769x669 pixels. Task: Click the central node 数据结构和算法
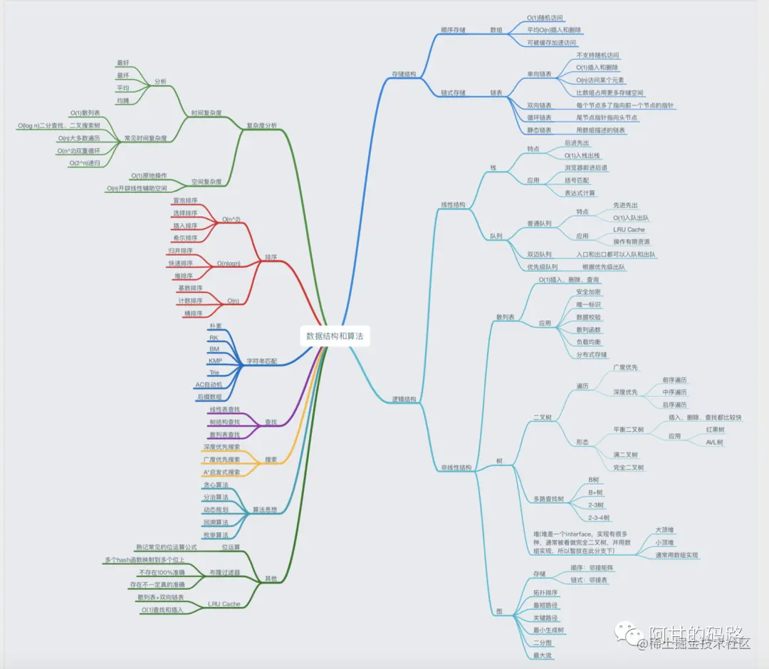tap(335, 336)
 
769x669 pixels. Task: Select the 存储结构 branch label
tap(404, 74)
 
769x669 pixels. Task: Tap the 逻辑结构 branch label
tap(404, 399)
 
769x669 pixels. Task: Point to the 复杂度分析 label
tap(261, 125)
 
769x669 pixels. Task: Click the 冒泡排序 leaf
tap(185, 201)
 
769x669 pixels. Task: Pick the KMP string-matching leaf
tap(215, 361)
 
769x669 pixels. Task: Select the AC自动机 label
tap(209, 385)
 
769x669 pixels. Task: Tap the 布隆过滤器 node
tap(225, 572)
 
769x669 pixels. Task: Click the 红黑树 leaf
tap(715, 430)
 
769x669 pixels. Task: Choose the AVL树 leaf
tap(715, 442)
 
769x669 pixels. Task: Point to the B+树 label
tap(595, 492)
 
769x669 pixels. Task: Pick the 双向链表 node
tap(539, 105)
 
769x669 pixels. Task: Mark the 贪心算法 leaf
tap(215, 484)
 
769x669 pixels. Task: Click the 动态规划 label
tap(215, 510)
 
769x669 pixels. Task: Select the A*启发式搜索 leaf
tap(221, 472)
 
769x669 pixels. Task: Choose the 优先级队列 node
tap(542, 267)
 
